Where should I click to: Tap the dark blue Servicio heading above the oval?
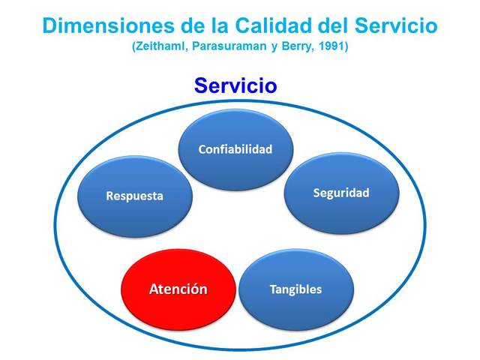pyautogui.click(x=235, y=85)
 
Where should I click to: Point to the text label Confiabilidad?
pyautogui.click(x=235, y=148)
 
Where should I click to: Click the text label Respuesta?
pyautogui.click(x=133, y=196)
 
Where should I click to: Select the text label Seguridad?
pyautogui.click(x=340, y=193)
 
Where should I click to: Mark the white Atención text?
pyautogui.click(x=178, y=289)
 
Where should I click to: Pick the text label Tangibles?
pyautogui.click(x=295, y=289)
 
